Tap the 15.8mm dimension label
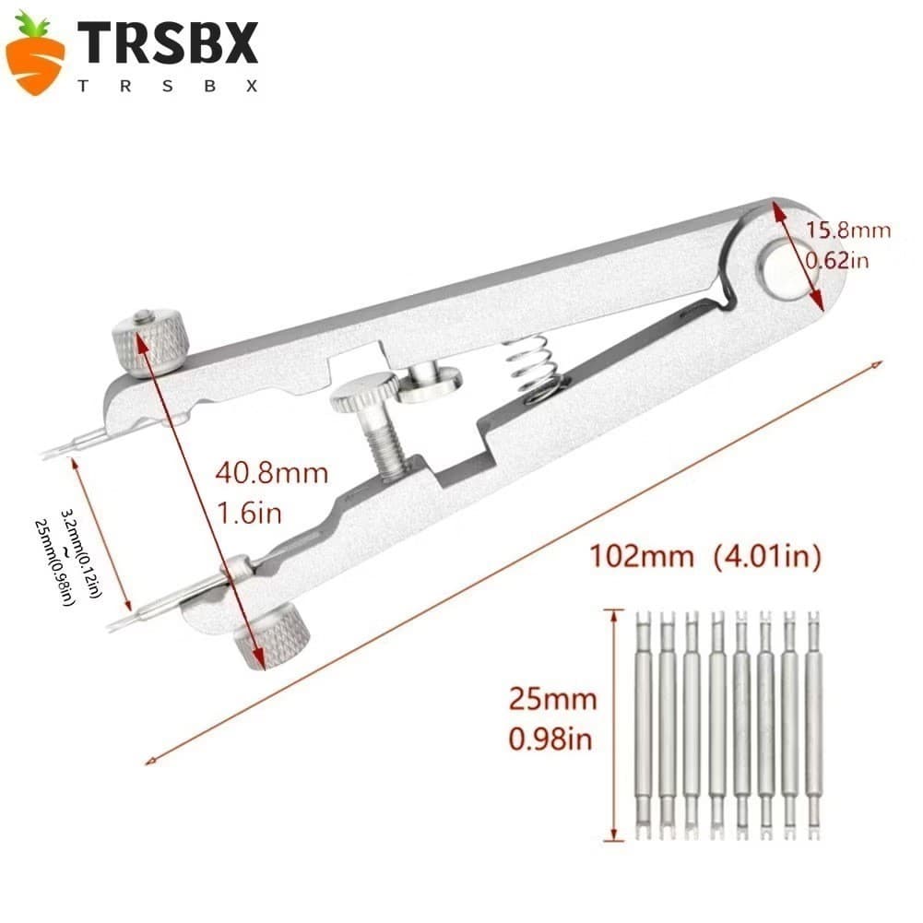click(x=847, y=230)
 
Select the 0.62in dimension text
click(x=837, y=260)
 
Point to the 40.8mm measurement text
click(x=271, y=473)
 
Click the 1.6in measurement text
click(x=250, y=514)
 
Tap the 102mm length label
click(x=641, y=556)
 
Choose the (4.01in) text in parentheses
click(x=767, y=556)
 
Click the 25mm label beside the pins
click(x=552, y=699)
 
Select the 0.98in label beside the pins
click(x=550, y=740)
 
